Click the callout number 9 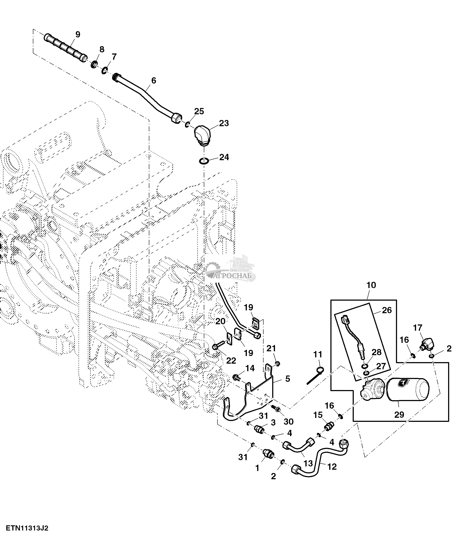[x=78, y=34]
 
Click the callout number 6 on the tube [x=154, y=81]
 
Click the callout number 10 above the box [x=371, y=285]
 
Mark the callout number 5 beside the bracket [x=288, y=379]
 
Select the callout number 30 [x=288, y=422]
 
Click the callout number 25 [x=199, y=111]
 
